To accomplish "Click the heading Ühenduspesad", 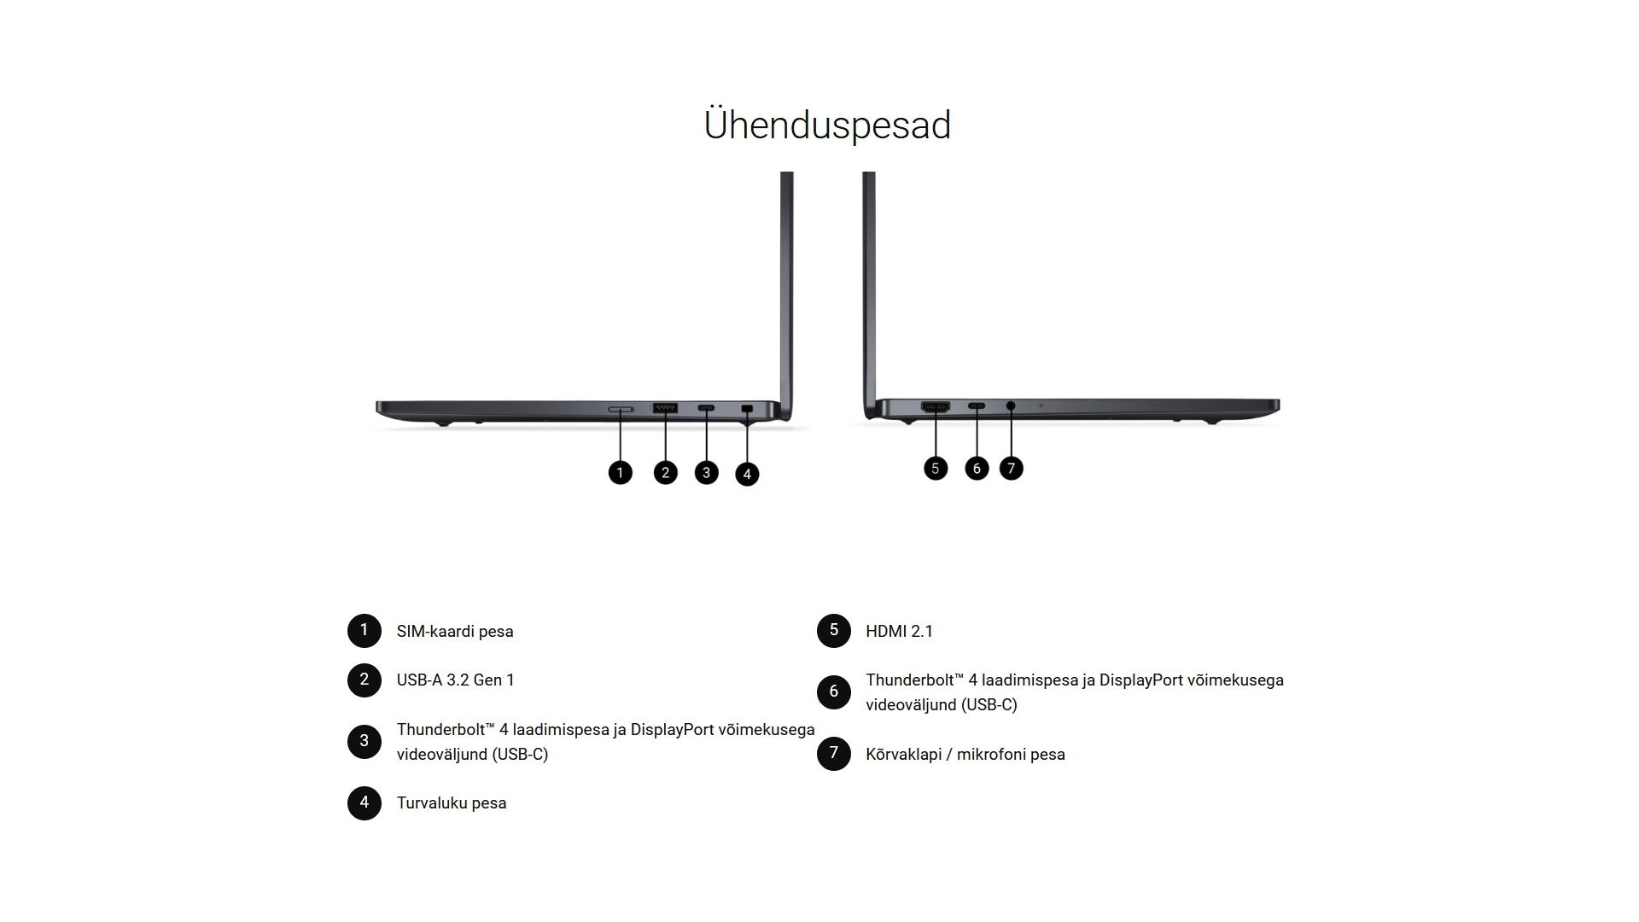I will [826, 125].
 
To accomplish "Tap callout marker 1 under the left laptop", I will [620, 472].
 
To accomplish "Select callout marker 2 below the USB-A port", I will [665, 472].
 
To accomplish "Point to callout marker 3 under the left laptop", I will [706, 472].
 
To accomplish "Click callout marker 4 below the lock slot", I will [747, 474].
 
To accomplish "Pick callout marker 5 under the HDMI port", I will [936, 468].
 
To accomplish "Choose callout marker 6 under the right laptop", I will [977, 468].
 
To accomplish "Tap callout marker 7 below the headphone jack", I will [1011, 468].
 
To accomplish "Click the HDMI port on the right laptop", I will [936, 407].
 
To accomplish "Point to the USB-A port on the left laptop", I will [665, 408].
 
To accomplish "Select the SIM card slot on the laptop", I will [621, 410].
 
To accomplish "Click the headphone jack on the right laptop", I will [1011, 406].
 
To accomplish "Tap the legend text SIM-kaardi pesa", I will [455, 632].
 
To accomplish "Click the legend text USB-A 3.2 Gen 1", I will [456, 680].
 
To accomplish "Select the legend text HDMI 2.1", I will [900, 632].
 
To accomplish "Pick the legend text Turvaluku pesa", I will [452, 803].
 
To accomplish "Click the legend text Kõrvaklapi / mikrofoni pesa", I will [965, 755].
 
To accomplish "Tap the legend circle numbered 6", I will [834, 691].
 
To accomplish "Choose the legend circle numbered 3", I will [365, 741].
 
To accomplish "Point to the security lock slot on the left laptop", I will [748, 409].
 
